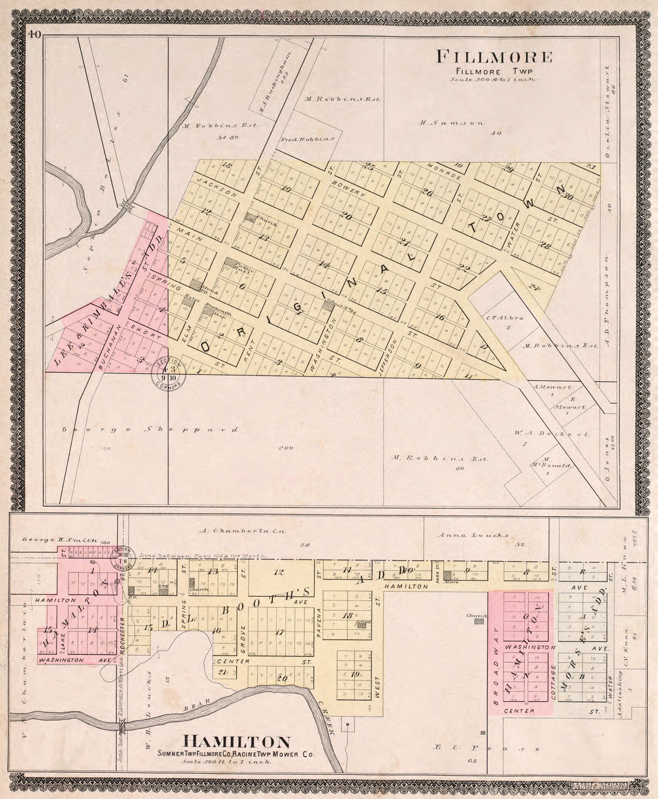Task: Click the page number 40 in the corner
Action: tap(34, 35)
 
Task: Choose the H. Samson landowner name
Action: tap(452, 123)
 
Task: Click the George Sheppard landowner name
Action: tap(151, 429)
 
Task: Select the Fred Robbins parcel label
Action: tap(307, 139)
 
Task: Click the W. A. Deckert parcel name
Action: tap(552, 434)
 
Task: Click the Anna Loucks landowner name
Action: tap(473, 535)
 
